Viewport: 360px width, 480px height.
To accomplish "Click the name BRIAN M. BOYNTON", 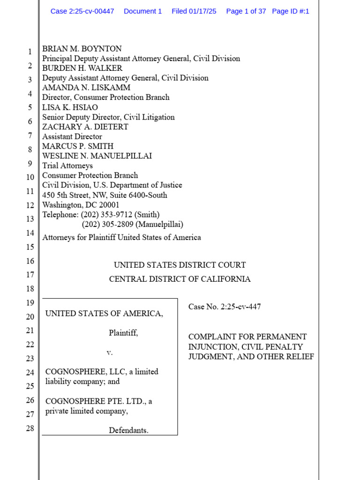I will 82,49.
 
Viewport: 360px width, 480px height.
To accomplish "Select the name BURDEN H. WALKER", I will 82,68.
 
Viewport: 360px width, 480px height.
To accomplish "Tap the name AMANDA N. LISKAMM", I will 86,88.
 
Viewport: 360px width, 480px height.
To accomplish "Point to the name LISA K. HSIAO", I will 70,107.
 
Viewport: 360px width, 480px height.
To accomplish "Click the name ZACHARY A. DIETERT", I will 85,127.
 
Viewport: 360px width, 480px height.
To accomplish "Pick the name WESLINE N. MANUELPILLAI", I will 97,156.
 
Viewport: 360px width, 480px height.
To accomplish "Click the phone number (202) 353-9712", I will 106,215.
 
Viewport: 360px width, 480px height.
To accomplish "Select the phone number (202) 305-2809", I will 107,225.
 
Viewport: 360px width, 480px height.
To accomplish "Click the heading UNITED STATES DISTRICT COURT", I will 180,265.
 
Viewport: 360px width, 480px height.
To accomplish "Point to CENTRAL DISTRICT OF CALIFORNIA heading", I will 180,279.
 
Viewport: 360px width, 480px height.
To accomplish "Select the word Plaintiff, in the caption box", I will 123,333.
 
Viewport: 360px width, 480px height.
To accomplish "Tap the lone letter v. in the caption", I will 110,352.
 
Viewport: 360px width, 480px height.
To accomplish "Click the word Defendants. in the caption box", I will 128,430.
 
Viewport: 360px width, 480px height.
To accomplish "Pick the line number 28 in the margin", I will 30,428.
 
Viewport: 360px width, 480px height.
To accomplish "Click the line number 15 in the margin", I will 30,247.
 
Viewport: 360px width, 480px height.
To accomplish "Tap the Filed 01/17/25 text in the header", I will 194,11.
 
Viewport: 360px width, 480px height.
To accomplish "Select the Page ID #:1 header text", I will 291,11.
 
